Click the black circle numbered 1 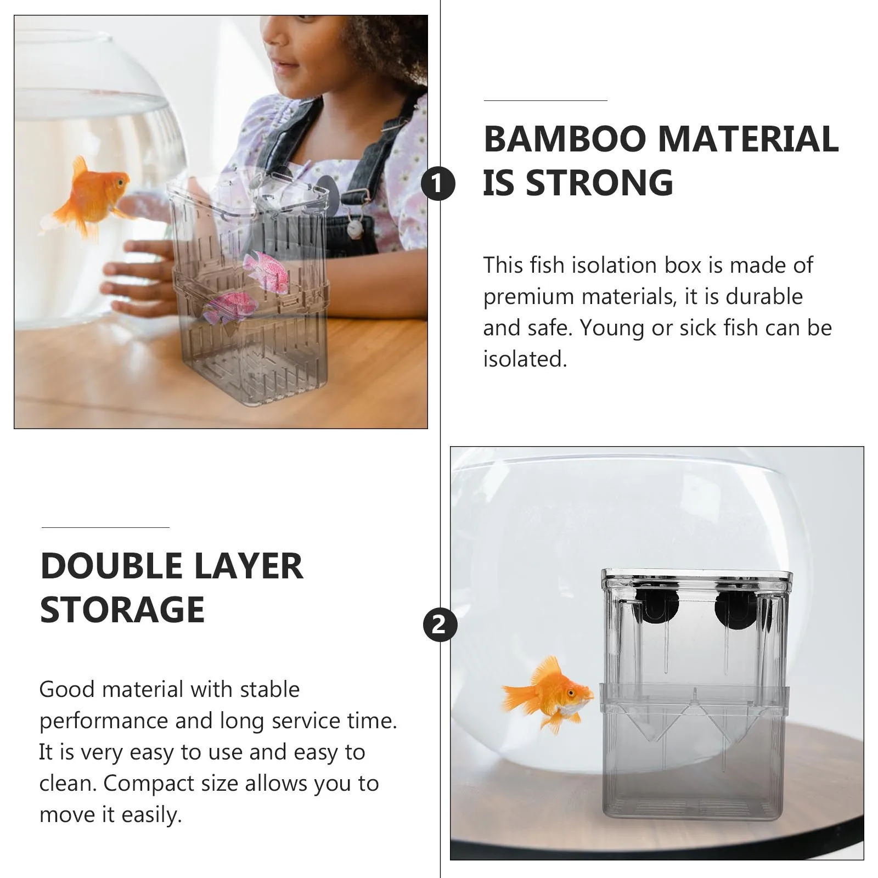click(x=438, y=184)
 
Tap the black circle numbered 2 click(x=440, y=624)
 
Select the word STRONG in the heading click(x=599, y=183)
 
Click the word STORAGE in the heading click(x=122, y=610)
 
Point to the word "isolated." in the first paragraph click(x=525, y=359)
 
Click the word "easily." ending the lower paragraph click(x=151, y=815)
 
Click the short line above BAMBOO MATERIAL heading click(x=545, y=101)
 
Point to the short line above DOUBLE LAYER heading click(x=105, y=528)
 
